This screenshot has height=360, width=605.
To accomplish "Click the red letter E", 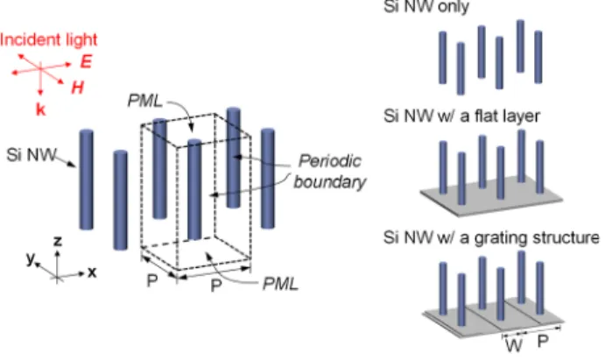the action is coord(87,61).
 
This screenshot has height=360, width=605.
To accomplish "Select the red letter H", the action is coord(78,88).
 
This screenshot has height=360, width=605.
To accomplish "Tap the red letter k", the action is coord(40,110).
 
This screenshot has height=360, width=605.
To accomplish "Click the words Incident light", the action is coord(49,40).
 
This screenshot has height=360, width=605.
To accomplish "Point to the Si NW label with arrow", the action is coord(32,155).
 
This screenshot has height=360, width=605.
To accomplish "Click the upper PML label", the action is coord(145,101).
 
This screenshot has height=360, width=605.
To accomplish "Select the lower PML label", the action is coord(280,285).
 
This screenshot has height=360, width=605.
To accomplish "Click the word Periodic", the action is coord(330,161).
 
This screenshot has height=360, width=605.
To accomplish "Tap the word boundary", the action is coord(329,182).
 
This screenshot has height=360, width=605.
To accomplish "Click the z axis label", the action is coord(58,242).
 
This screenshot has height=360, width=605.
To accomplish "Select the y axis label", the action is coord(31,258).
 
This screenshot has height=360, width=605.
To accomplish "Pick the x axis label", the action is coord(92,272).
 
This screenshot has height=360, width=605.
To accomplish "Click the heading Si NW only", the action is coord(426,6).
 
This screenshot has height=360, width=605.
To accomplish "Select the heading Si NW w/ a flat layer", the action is coord(461,116).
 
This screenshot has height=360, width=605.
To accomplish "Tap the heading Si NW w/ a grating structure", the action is coord(491,237).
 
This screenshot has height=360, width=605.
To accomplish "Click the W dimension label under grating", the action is coord(514,345).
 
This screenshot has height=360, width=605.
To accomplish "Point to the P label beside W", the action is coord(543,341).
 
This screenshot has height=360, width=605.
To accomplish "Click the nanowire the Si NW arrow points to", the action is coord(87,180).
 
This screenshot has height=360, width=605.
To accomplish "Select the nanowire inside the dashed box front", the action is coord(194,189).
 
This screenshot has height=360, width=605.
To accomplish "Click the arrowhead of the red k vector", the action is coord(40,93).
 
